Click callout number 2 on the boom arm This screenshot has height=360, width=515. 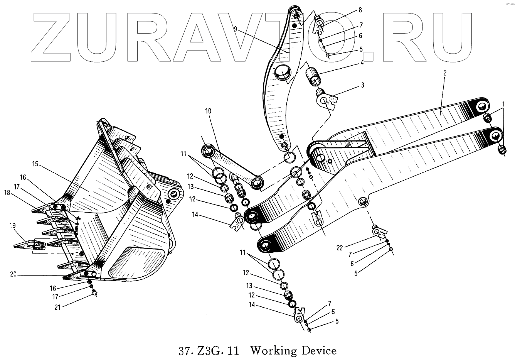click(444, 73)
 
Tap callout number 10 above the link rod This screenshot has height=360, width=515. click(208, 111)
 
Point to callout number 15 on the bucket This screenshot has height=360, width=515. click(35, 164)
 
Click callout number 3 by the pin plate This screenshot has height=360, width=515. click(362, 85)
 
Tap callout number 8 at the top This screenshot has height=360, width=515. click(360, 9)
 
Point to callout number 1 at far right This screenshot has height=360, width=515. click(503, 103)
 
